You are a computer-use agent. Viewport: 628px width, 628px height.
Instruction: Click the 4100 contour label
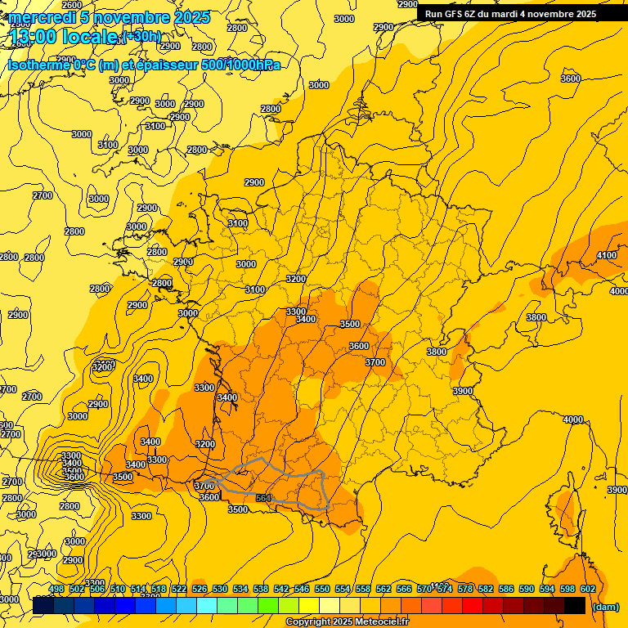[607, 256]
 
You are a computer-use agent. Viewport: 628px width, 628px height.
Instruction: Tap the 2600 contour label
[72, 5]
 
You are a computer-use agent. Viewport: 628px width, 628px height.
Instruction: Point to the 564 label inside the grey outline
[263, 498]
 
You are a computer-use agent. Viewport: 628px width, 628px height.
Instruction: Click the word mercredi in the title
[42, 17]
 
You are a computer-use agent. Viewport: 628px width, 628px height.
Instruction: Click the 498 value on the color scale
[56, 589]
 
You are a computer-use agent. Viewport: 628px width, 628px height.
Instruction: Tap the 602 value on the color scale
[588, 589]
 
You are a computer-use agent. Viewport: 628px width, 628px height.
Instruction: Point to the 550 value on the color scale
[323, 589]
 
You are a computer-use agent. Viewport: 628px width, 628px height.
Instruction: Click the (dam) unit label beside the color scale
[606, 606]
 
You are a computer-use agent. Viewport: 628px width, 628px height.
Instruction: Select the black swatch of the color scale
[575, 605]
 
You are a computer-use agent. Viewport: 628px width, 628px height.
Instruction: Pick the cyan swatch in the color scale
[207, 605]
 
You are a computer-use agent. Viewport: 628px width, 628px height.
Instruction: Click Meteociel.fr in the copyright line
[381, 622]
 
